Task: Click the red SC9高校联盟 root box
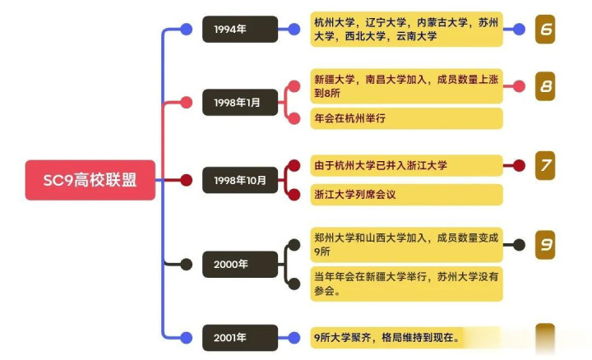[x=90, y=180]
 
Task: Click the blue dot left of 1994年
[x=187, y=30]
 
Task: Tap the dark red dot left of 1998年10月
[x=187, y=180]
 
